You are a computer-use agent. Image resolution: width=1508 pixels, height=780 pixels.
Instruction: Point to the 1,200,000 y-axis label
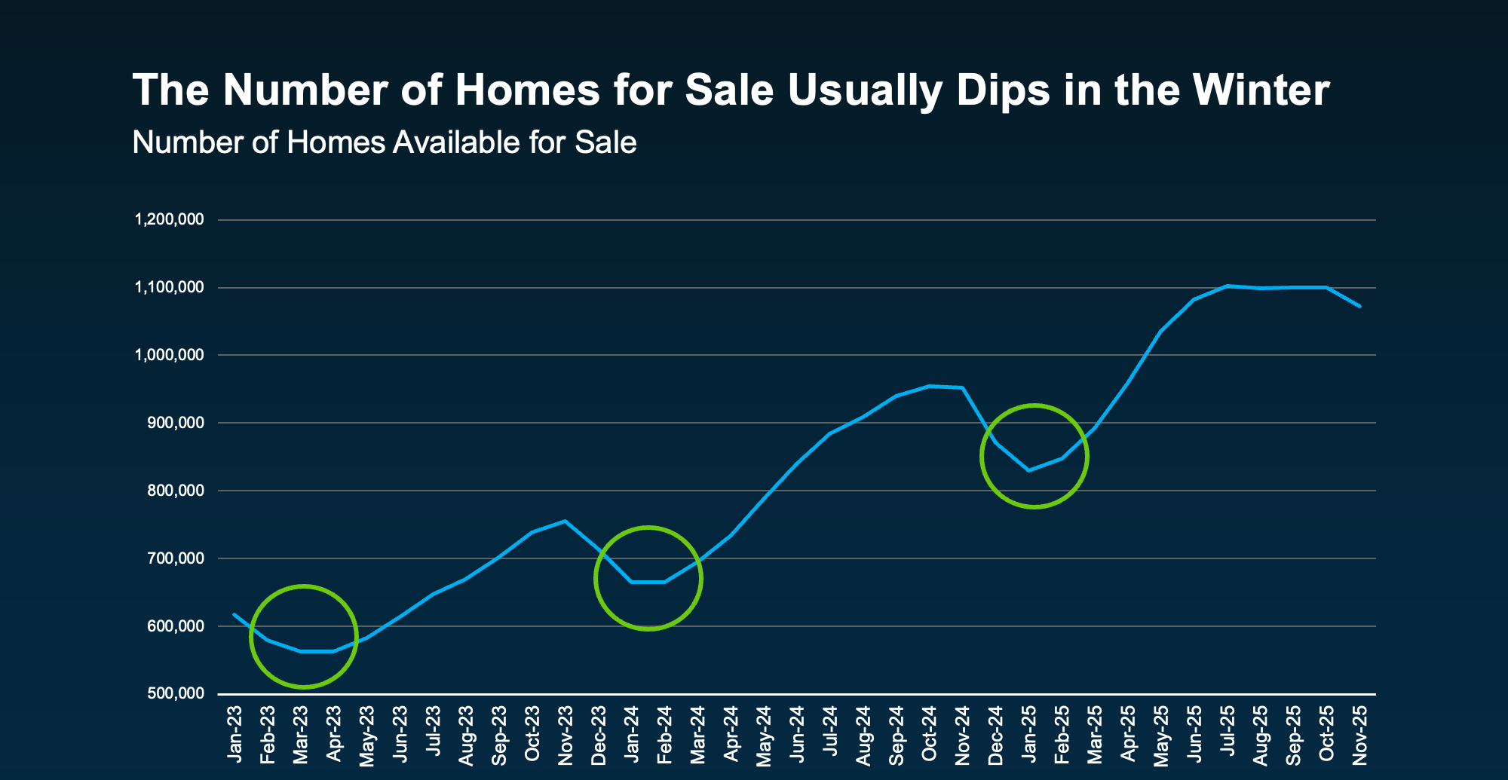tap(169, 219)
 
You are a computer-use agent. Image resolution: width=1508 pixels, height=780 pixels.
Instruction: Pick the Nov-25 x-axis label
tap(1359, 735)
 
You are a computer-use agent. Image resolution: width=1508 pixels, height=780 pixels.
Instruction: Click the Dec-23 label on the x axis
tap(598, 735)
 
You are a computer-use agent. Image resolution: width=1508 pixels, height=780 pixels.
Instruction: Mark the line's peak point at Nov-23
tap(565, 521)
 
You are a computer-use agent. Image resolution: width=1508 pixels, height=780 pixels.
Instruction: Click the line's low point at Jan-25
tap(1028, 470)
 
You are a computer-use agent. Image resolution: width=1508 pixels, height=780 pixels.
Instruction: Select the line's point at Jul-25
tap(1227, 286)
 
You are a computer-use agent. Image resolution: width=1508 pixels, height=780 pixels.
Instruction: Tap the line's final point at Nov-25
tap(1359, 306)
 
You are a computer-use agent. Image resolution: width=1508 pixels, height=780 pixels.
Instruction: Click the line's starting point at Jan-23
tap(234, 614)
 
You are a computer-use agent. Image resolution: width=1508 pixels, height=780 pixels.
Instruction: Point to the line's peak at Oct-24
tap(929, 386)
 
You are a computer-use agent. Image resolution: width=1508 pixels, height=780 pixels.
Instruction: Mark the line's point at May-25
tap(1160, 331)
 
